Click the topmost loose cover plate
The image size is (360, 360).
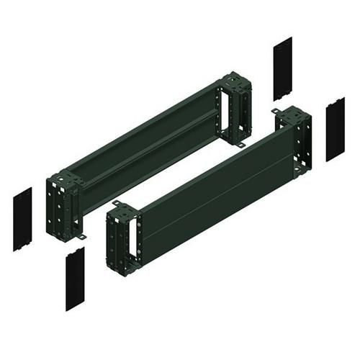pyautogui.click(x=282, y=68)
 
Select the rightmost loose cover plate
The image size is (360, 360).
pyautogui.click(x=335, y=128)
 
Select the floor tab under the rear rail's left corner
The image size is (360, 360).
pyautogui.click(x=83, y=235)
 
